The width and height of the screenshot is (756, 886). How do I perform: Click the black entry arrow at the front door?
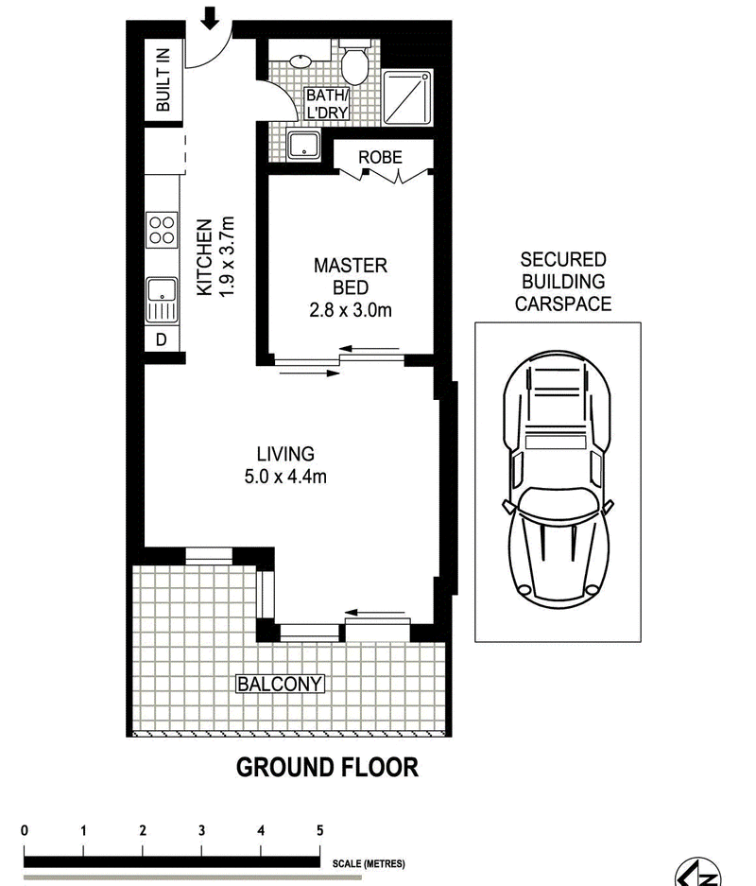coord(210,18)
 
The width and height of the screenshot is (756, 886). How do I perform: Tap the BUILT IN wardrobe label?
coord(163,79)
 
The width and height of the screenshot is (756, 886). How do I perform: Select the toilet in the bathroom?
coord(354,61)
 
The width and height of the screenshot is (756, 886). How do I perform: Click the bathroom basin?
coord(300,61)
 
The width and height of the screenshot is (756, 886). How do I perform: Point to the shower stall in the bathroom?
coord(407,97)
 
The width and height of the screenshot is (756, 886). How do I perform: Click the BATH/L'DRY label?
coord(327,103)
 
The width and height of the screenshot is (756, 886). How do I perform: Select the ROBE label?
coord(381,157)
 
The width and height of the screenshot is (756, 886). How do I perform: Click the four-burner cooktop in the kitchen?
coord(162,230)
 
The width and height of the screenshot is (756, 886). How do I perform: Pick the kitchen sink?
coord(162,300)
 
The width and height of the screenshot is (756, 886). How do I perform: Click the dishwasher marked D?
coord(162,339)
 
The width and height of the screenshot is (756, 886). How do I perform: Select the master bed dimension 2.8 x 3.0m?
coord(351,309)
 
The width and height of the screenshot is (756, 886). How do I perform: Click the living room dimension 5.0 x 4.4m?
coord(285,477)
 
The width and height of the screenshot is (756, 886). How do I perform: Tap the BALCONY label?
coord(280,684)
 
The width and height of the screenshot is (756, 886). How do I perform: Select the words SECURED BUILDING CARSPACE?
coord(563,282)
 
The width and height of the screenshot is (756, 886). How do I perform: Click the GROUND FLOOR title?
coord(328,768)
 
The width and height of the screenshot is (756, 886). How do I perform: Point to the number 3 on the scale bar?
coord(201,830)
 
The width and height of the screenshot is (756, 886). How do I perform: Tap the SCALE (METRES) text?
coord(369,863)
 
